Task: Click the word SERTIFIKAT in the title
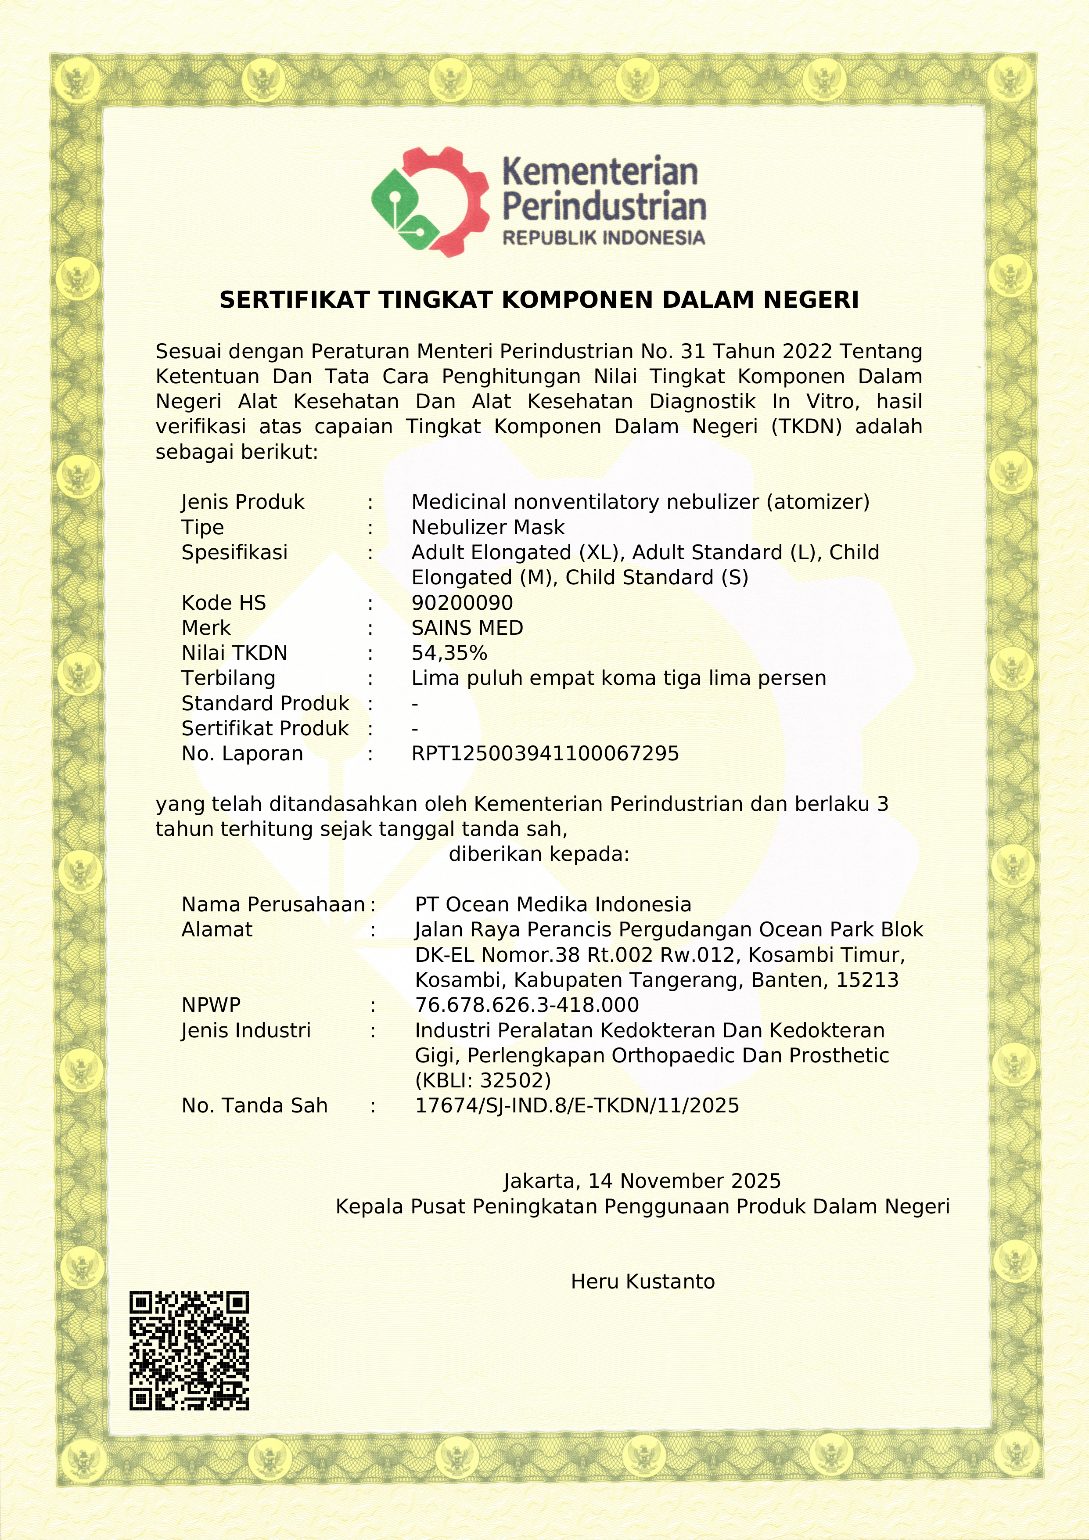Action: pos(295,300)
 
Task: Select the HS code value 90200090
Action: pos(462,603)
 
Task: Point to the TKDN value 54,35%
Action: pos(449,653)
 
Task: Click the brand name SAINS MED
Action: pos(467,629)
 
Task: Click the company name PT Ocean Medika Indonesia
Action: pos(553,905)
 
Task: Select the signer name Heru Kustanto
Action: pos(643,1282)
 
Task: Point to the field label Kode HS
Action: pos(224,603)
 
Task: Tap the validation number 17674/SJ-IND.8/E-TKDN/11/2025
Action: pos(577,1106)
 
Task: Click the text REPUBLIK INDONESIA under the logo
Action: pos(604,238)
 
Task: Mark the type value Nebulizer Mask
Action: pos(488,528)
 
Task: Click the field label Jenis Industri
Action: pos(246,1031)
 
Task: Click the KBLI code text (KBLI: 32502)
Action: pos(483,1080)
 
